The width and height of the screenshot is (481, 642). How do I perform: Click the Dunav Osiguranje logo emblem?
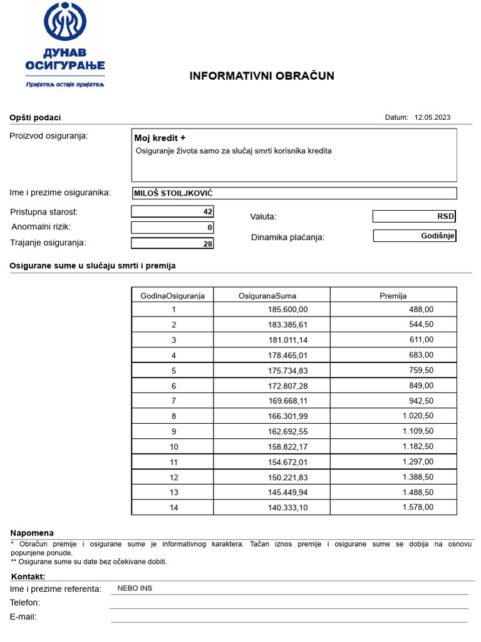[x=65, y=23]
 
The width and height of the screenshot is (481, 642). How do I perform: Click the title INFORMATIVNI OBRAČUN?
[x=262, y=76]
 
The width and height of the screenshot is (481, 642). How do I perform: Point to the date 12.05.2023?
[x=432, y=117]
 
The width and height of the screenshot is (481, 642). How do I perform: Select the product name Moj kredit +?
[x=160, y=138]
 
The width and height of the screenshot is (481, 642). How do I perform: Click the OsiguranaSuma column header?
[x=267, y=295]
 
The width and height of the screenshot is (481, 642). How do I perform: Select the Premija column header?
[x=393, y=295]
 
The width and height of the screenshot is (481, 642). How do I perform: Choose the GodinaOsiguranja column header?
[x=172, y=295]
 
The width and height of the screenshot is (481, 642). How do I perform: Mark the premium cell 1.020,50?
[x=418, y=416]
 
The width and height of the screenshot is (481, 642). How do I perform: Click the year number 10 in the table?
[x=173, y=447]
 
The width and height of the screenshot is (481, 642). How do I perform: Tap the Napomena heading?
[x=32, y=533]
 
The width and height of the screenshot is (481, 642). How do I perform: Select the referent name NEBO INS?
[x=135, y=588]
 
